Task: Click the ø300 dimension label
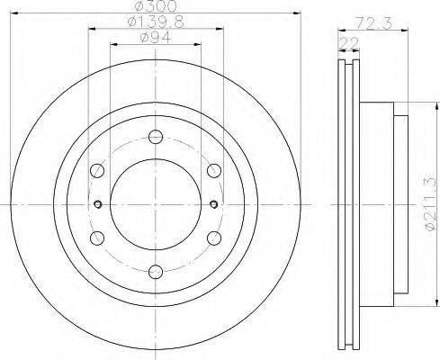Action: tap(156, 6)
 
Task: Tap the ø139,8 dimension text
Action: tap(156, 22)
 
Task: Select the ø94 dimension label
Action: tap(156, 38)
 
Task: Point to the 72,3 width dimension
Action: tap(373, 23)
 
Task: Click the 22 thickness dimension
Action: tap(348, 43)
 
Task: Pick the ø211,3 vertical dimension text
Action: tap(429, 204)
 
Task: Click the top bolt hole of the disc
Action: tap(156, 137)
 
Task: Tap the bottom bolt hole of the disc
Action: tap(156, 272)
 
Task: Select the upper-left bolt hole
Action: tap(97, 170)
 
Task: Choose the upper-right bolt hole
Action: tap(214, 170)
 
